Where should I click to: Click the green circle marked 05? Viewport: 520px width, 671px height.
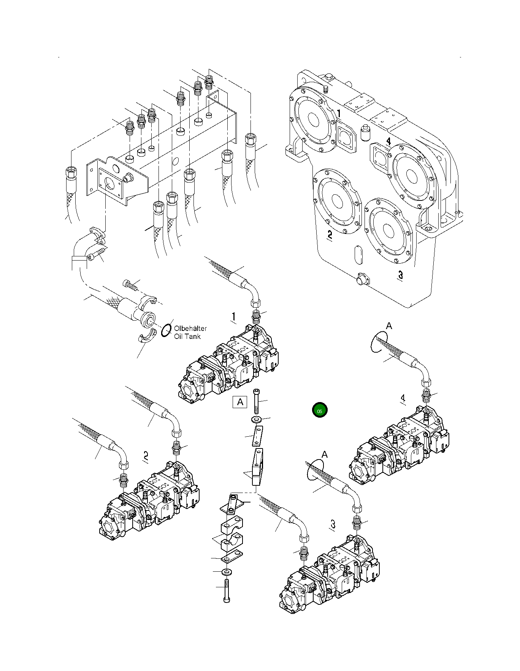(319, 411)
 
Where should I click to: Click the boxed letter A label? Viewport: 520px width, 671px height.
(240, 402)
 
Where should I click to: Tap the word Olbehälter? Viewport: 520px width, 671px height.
(190, 328)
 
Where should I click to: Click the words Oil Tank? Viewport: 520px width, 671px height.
(187, 336)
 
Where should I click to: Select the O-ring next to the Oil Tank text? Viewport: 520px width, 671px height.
(166, 330)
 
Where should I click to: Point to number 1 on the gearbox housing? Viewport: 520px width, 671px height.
(339, 113)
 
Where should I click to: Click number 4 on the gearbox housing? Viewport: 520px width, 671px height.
(388, 142)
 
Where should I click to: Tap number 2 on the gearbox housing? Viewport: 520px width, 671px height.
(330, 235)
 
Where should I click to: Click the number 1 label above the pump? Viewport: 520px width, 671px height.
(234, 317)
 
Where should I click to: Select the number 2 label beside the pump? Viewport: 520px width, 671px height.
(146, 455)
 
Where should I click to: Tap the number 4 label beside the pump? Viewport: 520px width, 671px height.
(403, 398)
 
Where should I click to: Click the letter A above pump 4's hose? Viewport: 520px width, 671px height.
(389, 326)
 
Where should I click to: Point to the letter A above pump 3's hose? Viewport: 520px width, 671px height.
(324, 455)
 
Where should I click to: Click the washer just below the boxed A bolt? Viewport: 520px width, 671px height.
(256, 419)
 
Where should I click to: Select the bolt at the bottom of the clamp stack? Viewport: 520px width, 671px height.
(227, 591)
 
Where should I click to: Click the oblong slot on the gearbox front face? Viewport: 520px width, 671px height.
(358, 255)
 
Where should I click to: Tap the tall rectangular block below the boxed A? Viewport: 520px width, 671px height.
(257, 467)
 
